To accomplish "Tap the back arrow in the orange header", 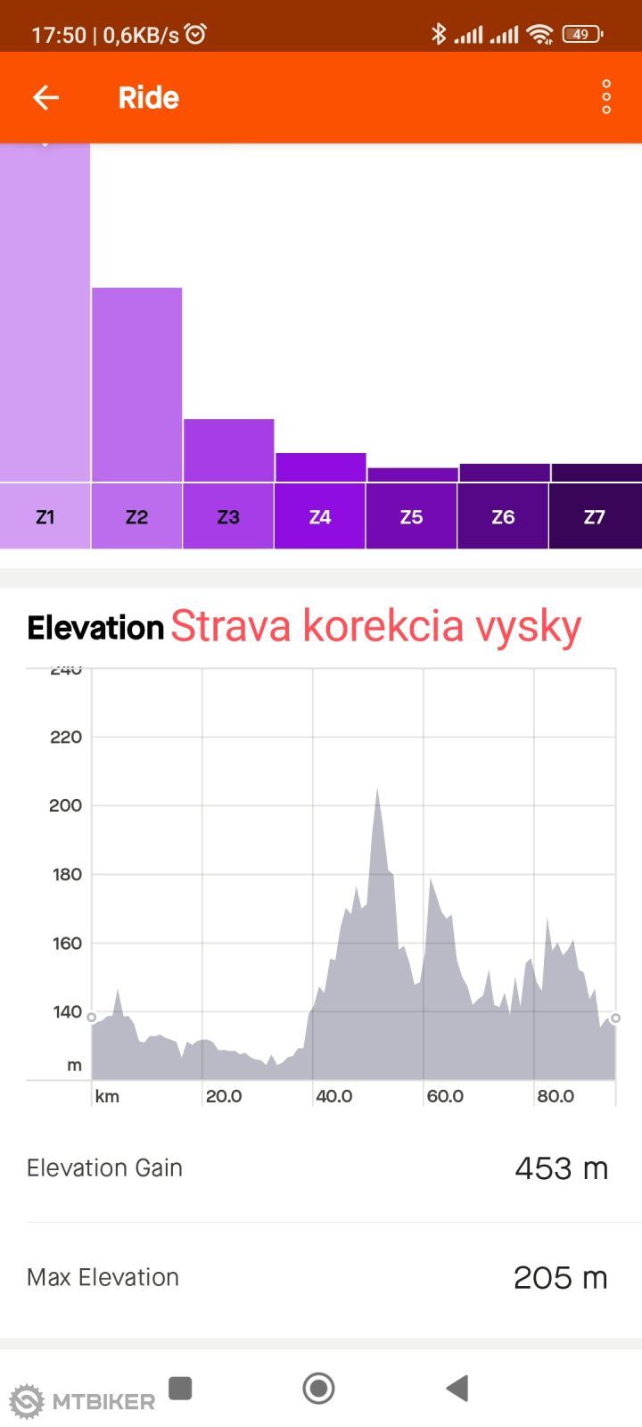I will tap(45, 97).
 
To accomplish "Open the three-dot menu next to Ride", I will tap(606, 96).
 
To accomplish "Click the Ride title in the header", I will tap(149, 97).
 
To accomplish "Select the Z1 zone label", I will tap(45, 516).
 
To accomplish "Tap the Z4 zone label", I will tap(320, 516).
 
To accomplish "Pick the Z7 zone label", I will tap(595, 516).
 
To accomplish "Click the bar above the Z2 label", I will tap(136, 384).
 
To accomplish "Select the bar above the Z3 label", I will tap(228, 450).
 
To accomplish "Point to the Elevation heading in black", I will tap(95, 628).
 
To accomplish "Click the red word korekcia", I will tap(383, 626).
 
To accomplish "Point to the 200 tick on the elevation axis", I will tap(65, 805).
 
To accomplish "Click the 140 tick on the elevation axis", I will tap(67, 1011).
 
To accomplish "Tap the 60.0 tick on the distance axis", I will tap(445, 1096).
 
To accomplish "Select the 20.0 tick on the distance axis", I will tap(224, 1096).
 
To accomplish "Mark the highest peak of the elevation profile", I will tap(378, 790).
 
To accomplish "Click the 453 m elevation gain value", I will tap(561, 1168).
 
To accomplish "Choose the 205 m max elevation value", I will tap(560, 1278).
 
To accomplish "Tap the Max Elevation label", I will tap(103, 1277).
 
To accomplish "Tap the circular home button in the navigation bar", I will tap(318, 1388).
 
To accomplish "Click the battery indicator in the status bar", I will tap(582, 35).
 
